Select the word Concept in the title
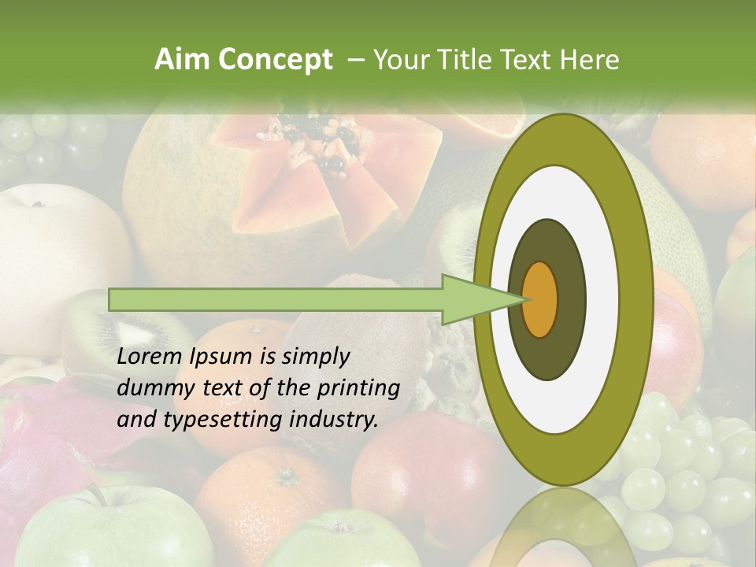pyautogui.click(x=274, y=60)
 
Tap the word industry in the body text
pyautogui.click(x=335, y=420)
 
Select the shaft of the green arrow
pyautogui.click(x=276, y=299)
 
